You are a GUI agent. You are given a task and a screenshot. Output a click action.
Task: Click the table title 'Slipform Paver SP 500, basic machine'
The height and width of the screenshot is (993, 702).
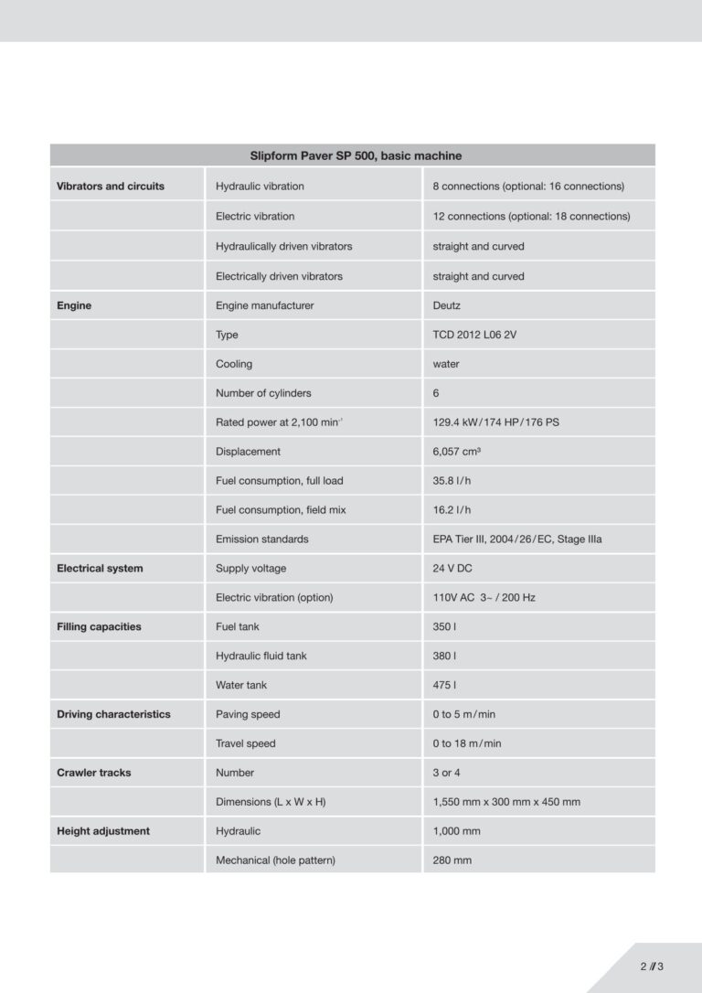(x=356, y=155)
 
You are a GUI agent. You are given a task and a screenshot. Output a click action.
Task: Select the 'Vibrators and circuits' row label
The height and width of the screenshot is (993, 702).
(x=111, y=187)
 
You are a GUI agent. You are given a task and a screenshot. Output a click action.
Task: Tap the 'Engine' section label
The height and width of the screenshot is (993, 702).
(x=74, y=305)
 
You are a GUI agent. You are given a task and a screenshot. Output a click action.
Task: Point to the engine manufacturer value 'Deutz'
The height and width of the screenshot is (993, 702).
(x=448, y=305)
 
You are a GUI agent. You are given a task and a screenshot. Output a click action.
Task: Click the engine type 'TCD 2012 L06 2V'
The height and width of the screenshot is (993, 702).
(x=474, y=335)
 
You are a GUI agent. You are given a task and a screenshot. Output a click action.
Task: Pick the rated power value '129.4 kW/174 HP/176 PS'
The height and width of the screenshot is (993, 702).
(x=495, y=422)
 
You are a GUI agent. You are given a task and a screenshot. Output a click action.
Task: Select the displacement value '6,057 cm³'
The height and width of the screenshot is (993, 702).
(x=458, y=452)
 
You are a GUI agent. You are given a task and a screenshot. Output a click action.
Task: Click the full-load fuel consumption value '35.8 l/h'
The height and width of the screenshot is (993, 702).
(x=452, y=481)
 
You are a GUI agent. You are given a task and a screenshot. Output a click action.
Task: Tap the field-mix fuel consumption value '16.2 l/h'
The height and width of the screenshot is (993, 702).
(x=452, y=510)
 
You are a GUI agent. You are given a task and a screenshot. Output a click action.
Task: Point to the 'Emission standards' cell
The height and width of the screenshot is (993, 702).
(x=261, y=539)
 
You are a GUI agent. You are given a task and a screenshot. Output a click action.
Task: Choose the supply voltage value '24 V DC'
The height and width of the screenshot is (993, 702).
(x=452, y=569)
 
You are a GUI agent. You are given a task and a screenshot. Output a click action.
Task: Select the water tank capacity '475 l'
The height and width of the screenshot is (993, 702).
(x=444, y=685)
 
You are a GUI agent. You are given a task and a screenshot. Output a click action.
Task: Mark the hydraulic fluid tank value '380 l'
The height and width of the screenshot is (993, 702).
(x=444, y=656)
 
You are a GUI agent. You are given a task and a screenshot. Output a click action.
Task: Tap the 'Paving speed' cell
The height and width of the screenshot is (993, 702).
(x=248, y=714)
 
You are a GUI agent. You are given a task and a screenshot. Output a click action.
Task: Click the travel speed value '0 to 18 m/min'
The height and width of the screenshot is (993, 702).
(x=467, y=743)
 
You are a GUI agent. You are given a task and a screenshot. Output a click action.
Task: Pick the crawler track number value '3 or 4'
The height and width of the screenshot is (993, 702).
(x=446, y=773)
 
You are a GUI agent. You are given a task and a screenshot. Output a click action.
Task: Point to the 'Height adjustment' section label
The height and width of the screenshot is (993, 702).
(x=103, y=831)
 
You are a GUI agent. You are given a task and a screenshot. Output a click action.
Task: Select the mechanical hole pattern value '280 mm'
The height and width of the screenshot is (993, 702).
(x=452, y=860)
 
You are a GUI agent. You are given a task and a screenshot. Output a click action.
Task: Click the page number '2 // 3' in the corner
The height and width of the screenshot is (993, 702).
(x=652, y=966)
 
